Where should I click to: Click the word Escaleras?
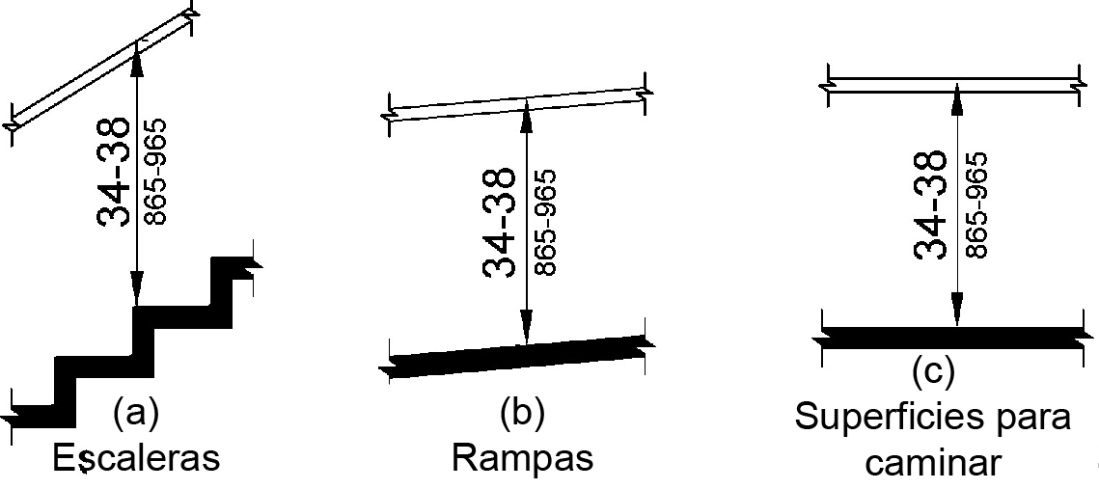pos(136,459)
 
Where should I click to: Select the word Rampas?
pos(522,459)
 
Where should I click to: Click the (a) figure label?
pos(136,415)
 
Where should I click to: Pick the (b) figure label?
pos(522,415)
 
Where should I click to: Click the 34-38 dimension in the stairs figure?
pos(114,172)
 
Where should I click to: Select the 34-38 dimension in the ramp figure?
pos(500,223)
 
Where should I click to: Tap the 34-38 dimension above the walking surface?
pos(931,205)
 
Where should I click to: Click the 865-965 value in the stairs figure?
pos(155,172)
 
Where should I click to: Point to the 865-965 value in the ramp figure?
pos(544,223)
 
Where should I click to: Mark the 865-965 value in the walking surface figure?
pos(975,205)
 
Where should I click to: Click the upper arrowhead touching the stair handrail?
pos(136,65)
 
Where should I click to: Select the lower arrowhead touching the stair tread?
pos(136,293)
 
